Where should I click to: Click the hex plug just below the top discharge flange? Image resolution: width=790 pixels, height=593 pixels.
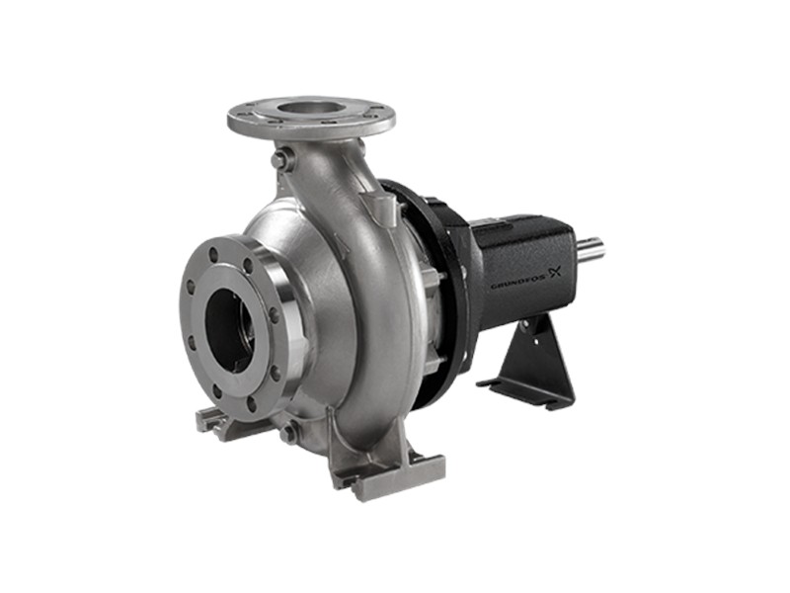click(278, 160)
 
